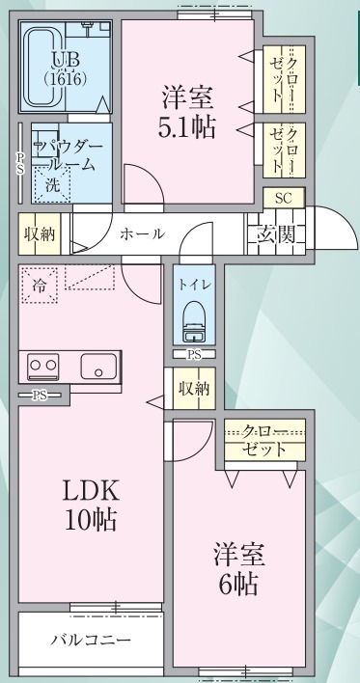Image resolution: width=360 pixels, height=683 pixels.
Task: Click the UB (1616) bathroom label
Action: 67,68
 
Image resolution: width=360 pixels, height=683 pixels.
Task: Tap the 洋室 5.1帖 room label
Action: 186,112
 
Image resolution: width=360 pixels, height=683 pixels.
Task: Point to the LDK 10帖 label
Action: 91,505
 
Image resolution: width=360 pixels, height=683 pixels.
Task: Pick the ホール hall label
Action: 142,233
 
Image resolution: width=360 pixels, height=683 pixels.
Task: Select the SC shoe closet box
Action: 284,197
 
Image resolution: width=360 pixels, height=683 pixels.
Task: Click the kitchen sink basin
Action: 98,367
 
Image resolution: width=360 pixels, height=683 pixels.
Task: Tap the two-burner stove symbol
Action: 43,366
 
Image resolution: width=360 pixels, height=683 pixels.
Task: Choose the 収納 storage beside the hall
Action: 39,233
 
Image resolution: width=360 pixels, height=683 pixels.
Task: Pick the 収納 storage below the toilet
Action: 193,390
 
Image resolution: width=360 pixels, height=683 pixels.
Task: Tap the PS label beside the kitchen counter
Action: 39,396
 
